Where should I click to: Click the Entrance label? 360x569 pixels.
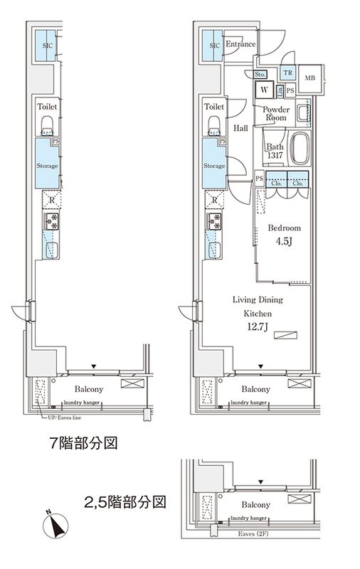(x=240, y=44)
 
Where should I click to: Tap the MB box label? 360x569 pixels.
(x=310, y=78)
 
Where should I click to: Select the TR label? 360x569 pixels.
(x=288, y=73)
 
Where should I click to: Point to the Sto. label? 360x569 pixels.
(x=260, y=74)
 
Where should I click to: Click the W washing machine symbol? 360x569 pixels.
(x=264, y=90)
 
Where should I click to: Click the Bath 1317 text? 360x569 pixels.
(x=275, y=151)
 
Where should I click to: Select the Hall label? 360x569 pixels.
(x=240, y=128)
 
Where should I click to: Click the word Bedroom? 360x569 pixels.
(x=284, y=228)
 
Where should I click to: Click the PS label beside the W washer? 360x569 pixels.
(x=290, y=90)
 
